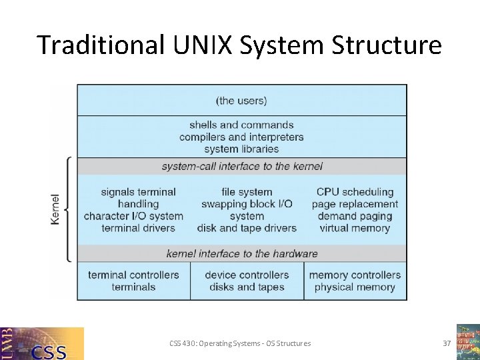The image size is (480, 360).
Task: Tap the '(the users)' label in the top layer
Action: (x=241, y=101)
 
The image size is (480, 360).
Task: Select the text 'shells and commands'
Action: (x=241, y=125)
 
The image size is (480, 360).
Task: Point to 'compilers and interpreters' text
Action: (x=241, y=137)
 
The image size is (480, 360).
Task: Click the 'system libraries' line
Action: (x=241, y=149)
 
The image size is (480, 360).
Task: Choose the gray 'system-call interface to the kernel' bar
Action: (x=242, y=166)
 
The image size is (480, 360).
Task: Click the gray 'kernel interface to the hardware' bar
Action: (x=242, y=253)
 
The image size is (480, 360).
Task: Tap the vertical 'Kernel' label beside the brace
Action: (x=55, y=209)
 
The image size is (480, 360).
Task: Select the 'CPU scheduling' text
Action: (x=355, y=192)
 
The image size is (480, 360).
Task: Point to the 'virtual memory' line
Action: (x=355, y=228)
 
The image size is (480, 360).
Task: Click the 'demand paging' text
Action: (x=355, y=216)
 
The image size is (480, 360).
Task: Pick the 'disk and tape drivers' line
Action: (x=247, y=228)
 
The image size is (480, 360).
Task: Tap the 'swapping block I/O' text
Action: (x=247, y=204)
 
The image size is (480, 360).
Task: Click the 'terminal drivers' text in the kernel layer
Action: (x=138, y=228)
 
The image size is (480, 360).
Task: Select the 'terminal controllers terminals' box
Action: (x=133, y=281)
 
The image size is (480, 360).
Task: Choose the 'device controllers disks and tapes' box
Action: (x=247, y=281)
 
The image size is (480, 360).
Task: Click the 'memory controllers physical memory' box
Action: (x=355, y=281)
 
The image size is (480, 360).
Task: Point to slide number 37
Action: (x=447, y=343)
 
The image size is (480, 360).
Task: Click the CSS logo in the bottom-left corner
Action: (x=42, y=343)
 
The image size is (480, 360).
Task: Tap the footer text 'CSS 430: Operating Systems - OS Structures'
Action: (x=240, y=343)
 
